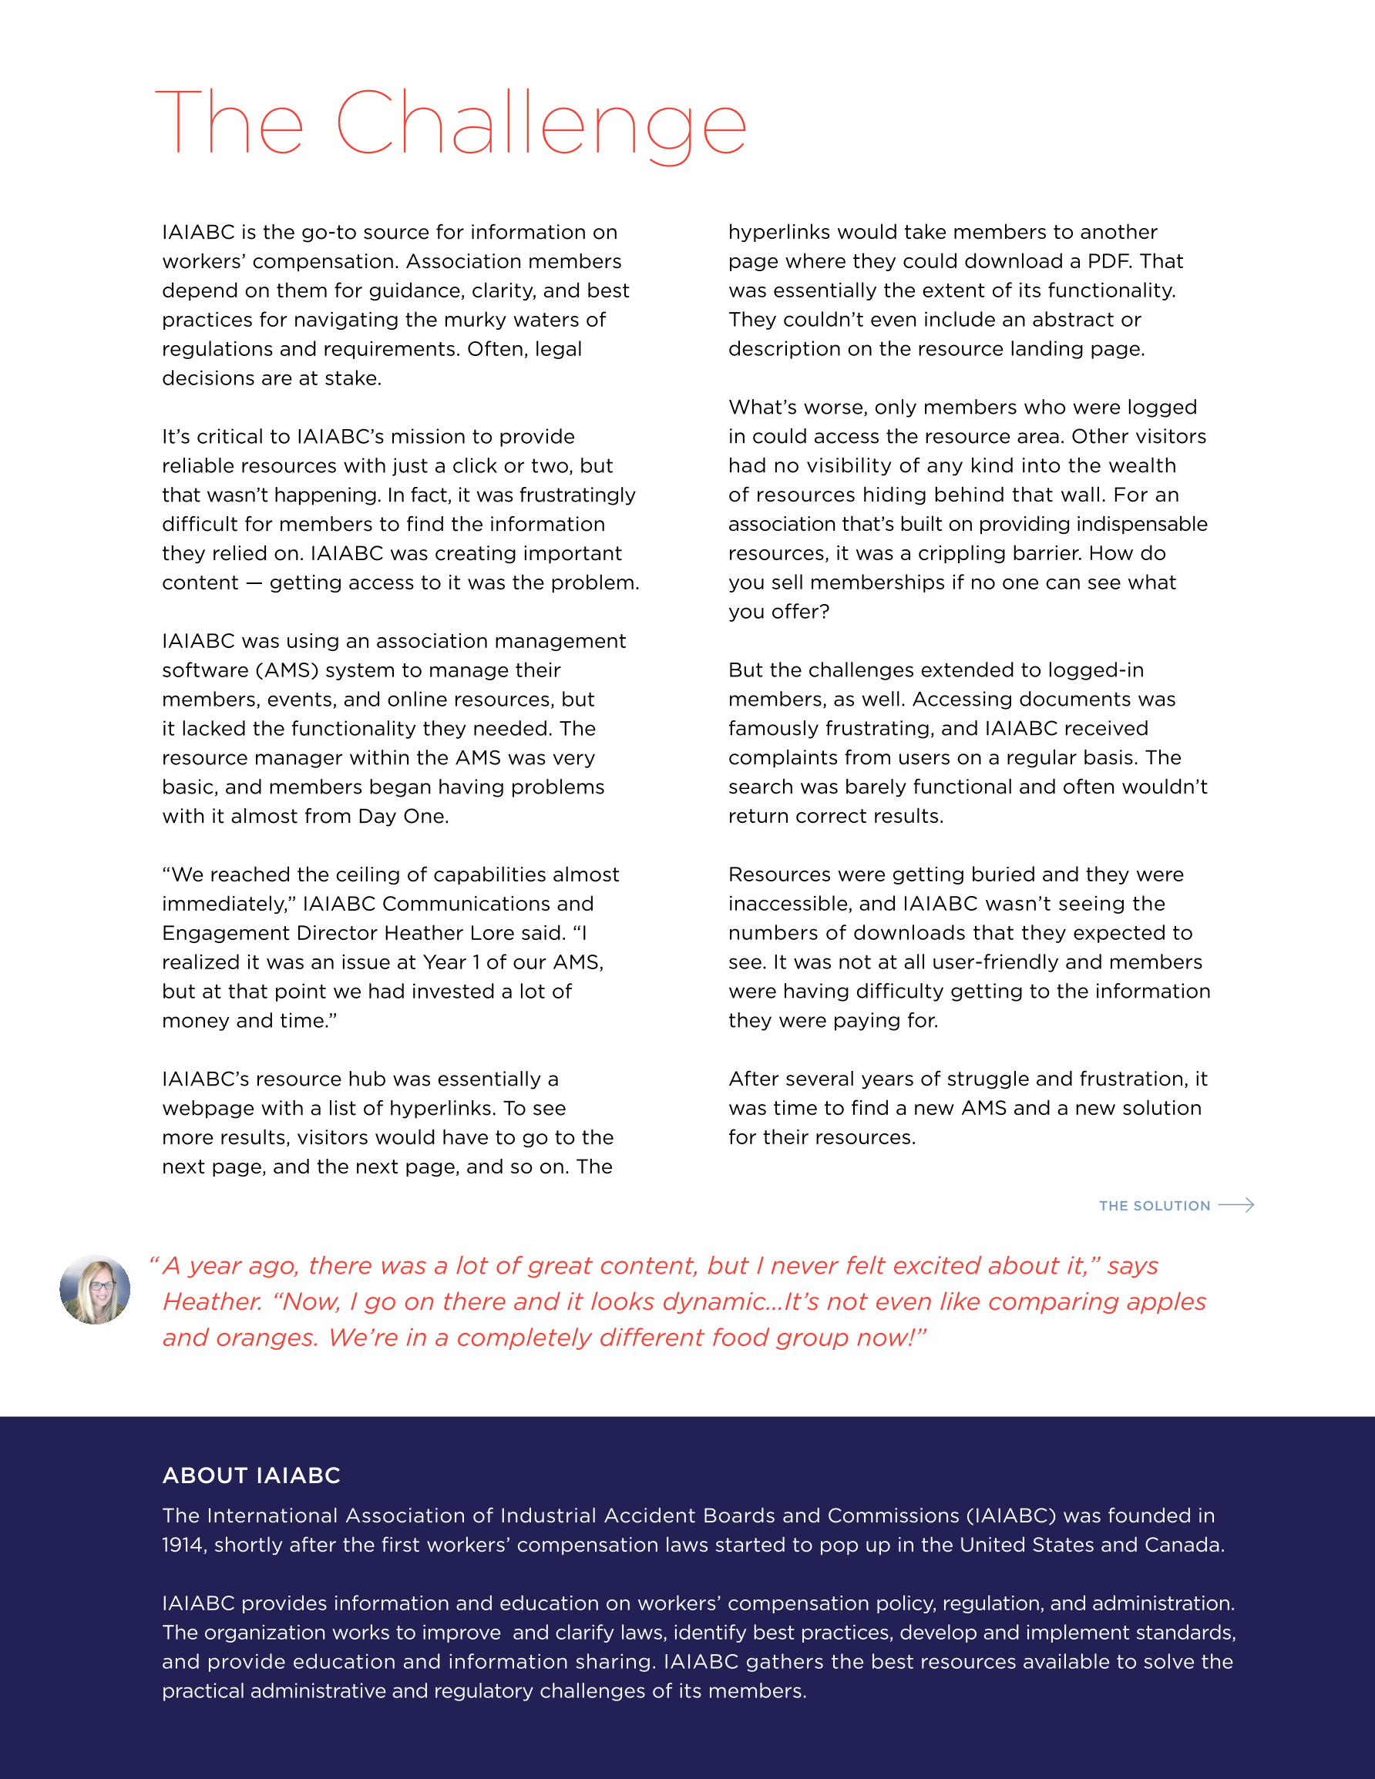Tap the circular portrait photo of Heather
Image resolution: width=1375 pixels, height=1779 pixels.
coord(96,1290)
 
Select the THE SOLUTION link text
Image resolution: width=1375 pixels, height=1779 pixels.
coord(1154,1206)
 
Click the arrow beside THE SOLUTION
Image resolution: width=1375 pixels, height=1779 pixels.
coord(1236,1205)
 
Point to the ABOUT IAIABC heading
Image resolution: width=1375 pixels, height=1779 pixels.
coord(251,1475)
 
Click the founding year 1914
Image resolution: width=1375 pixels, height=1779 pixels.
coord(183,1545)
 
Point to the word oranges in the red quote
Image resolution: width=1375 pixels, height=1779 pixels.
coord(264,1338)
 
